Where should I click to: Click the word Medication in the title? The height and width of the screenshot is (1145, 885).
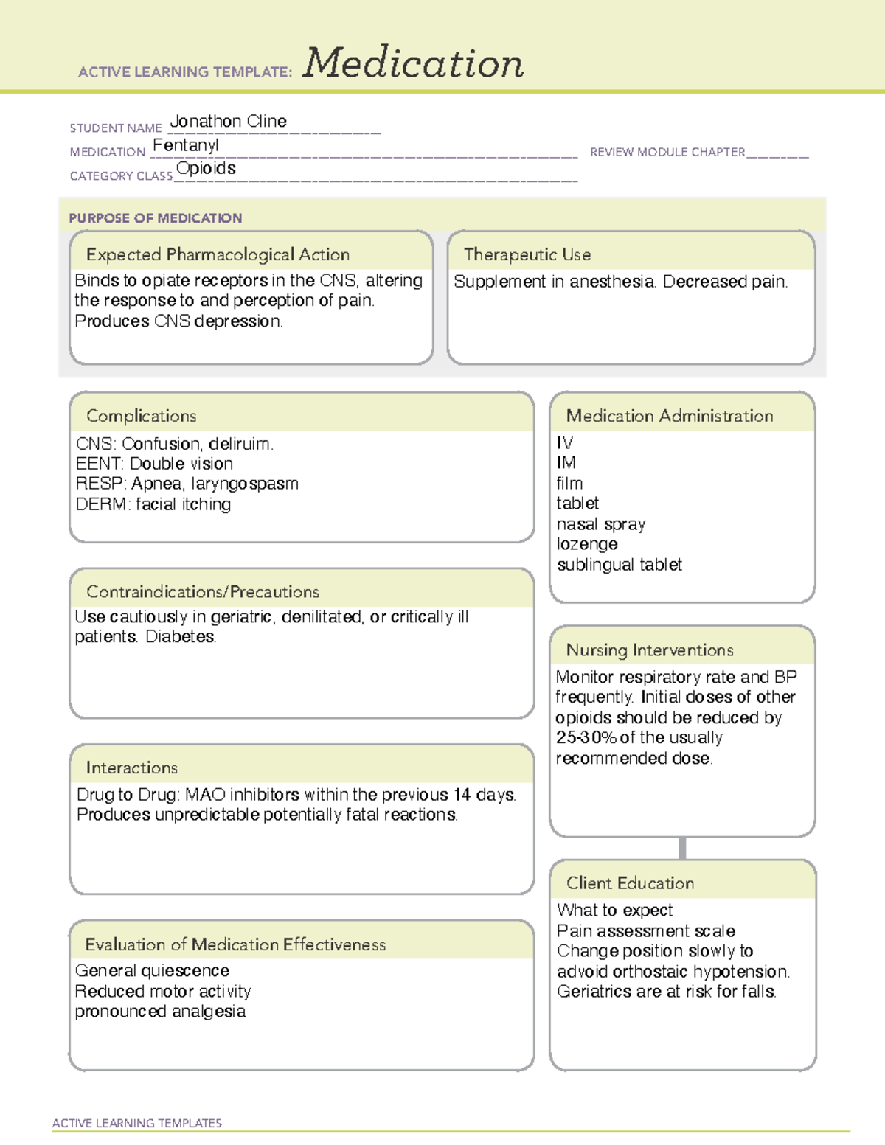coord(413,63)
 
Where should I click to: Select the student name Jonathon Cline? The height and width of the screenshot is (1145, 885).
coord(228,122)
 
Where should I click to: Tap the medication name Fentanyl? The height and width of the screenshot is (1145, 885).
coord(185,145)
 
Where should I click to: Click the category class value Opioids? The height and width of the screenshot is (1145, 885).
coord(206,168)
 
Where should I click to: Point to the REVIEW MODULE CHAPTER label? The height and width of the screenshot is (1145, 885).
coord(667,152)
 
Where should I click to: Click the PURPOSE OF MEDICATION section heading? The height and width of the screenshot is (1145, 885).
coord(155,218)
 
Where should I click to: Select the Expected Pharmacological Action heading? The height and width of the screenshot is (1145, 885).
coord(218,254)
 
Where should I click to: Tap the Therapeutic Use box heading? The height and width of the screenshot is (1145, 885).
coord(527,254)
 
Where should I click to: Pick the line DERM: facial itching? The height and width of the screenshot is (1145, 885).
coord(153,504)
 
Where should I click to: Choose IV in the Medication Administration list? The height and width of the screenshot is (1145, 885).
coord(565,442)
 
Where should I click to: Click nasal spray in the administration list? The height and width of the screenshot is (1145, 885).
coord(601,524)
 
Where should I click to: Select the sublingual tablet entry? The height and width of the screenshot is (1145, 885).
coord(619,565)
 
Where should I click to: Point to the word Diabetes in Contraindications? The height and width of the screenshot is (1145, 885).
coord(181,636)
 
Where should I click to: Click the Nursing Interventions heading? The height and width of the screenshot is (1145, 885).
coord(649,650)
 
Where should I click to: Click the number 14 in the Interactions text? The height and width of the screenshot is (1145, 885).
coord(462,795)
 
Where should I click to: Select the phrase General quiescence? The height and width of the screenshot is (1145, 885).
coord(152,971)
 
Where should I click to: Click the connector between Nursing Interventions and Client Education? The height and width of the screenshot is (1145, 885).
coord(682,848)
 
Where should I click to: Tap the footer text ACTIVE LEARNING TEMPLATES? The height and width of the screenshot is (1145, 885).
coord(137,1123)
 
